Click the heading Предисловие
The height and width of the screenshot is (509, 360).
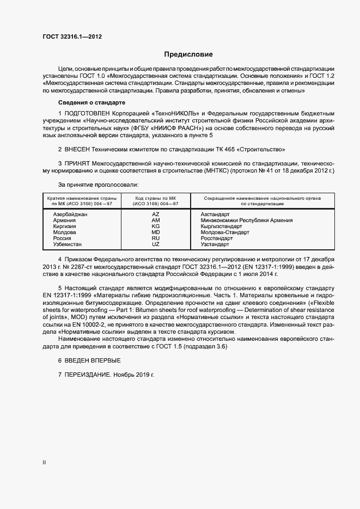[x=188, y=54]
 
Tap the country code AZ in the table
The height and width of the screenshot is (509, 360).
[x=156, y=214]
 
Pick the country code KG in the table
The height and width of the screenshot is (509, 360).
[x=156, y=226]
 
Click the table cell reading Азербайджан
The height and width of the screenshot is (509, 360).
[x=70, y=214]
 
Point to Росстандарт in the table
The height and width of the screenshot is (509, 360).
[x=217, y=238]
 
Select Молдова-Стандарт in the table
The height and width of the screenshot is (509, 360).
[x=225, y=232]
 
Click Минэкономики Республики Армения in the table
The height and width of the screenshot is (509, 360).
[x=247, y=220]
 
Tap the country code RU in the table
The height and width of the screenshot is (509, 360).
[x=156, y=238]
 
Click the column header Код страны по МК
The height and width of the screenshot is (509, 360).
[x=156, y=198]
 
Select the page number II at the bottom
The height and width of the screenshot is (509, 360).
[x=44, y=462]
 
